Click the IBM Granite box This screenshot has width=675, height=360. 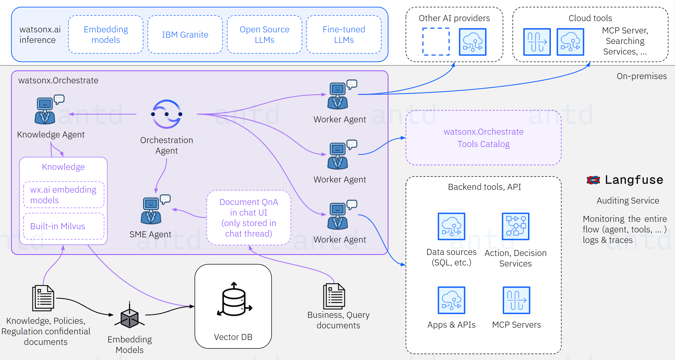(x=185, y=34)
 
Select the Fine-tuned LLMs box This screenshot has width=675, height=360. (x=344, y=34)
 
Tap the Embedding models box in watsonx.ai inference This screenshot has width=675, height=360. (x=105, y=34)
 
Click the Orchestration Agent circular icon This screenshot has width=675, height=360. (x=167, y=114)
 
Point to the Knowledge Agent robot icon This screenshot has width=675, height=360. (x=45, y=111)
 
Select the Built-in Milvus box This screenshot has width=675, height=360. (x=64, y=226)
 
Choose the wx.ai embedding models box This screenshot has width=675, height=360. (x=64, y=195)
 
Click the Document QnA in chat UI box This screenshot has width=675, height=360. (x=249, y=218)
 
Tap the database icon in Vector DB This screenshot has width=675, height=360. (x=234, y=300)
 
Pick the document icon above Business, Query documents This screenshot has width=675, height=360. (x=334, y=296)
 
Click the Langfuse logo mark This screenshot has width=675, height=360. (x=593, y=180)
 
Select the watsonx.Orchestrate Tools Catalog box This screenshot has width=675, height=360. (x=483, y=138)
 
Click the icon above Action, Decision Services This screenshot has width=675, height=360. (x=515, y=226)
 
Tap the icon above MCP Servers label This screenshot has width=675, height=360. (x=516, y=300)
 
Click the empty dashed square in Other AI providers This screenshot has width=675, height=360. (x=436, y=42)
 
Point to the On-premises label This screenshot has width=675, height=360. (x=641, y=76)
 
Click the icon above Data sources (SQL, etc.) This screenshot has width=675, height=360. (x=451, y=226)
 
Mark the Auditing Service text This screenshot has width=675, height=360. (x=628, y=201)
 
